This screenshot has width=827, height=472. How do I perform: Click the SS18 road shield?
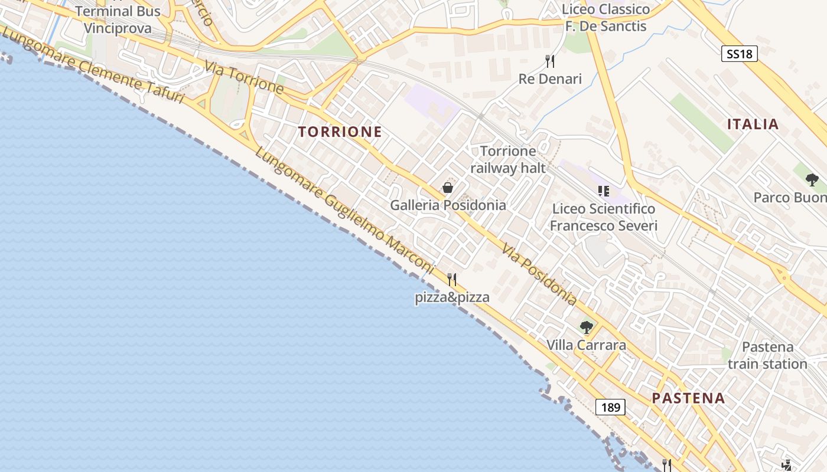click(x=740, y=54)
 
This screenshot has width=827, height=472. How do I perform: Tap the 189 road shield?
click(x=610, y=407)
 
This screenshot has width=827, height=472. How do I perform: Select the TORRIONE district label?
click(x=340, y=132)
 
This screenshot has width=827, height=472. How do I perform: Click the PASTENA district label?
click(x=688, y=398)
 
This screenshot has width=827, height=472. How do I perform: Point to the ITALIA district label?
click(x=753, y=124)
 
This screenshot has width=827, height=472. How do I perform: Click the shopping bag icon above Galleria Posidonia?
click(x=448, y=188)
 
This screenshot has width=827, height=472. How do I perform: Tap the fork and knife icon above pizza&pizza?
click(x=452, y=279)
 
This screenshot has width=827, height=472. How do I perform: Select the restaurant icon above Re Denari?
click(x=550, y=61)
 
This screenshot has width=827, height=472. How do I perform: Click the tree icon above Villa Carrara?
click(x=586, y=327)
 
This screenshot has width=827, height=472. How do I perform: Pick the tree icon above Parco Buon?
click(x=812, y=179)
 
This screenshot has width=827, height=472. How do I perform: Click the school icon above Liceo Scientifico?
click(x=603, y=191)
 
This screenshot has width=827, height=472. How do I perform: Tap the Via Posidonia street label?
click(x=539, y=274)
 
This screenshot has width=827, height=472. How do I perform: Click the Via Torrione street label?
click(x=245, y=76)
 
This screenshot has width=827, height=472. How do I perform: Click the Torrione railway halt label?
click(x=508, y=159)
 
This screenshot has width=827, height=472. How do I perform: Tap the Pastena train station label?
click(x=767, y=355)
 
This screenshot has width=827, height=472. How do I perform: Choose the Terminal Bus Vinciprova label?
click(x=118, y=19)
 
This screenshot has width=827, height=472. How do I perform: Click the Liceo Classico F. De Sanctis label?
click(x=605, y=18)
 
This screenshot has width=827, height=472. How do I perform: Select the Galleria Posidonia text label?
click(x=448, y=205)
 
